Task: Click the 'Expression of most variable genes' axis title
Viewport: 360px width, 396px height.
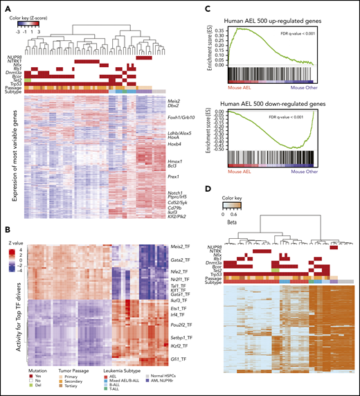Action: tap(14, 163)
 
